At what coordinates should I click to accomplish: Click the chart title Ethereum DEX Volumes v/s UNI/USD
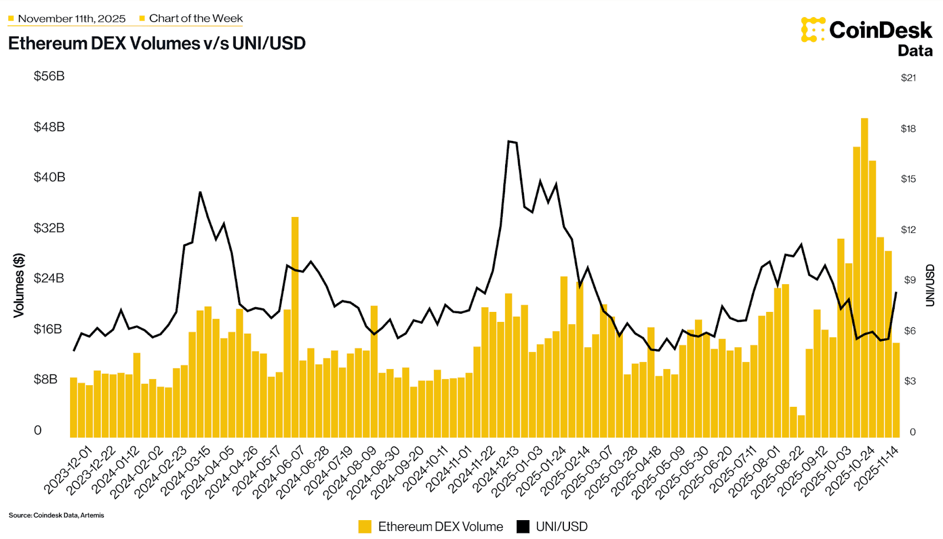point(157,44)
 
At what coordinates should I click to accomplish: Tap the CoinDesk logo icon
point(813,29)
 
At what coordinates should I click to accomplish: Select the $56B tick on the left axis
point(49,76)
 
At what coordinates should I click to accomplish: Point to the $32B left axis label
point(49,228)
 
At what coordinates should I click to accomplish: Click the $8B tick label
point(45,379)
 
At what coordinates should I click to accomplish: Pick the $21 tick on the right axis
point(908,78)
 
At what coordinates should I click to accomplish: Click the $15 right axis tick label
point(908,179)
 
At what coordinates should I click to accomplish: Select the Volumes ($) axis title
point(19,285)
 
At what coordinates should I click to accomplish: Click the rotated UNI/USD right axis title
point(930,285)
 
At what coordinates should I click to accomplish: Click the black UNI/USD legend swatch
point(523,527)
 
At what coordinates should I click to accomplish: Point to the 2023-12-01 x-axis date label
point(69,469)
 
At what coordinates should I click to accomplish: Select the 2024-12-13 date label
point(497,469)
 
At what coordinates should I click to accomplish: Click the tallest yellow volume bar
point(864,277)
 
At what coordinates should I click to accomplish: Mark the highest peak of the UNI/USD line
point(509,141)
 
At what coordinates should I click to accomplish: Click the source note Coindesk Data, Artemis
point(57,515)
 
